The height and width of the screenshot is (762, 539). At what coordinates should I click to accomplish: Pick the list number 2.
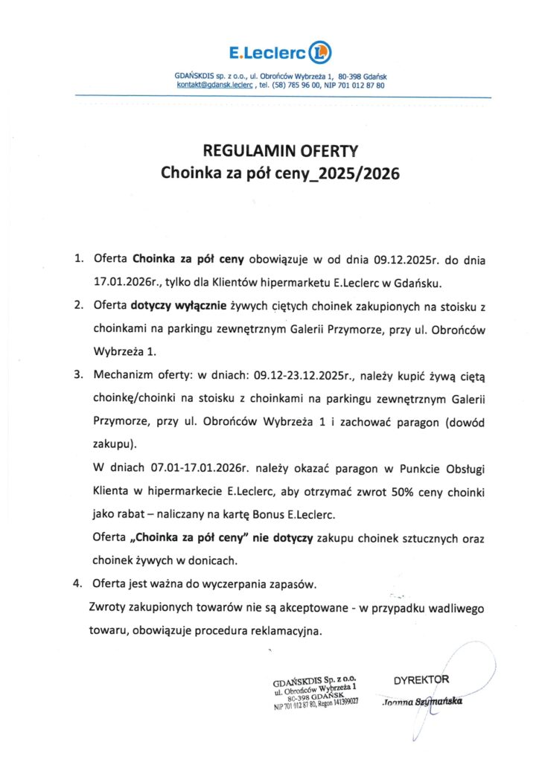click(77, 305)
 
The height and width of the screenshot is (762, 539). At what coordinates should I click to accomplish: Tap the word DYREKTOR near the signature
click(421, 679)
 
